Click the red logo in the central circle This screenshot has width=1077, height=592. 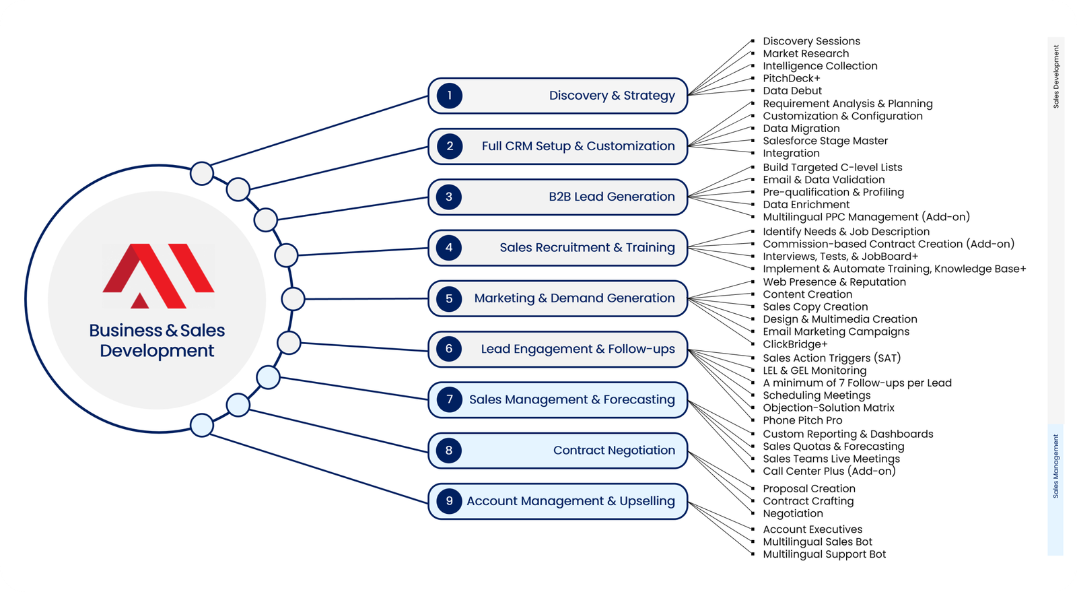coord(158,275)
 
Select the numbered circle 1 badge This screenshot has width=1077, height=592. coord(449,96)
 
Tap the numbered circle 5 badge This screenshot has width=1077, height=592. coord(449,298)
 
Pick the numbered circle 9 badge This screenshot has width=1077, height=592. coord(449,501)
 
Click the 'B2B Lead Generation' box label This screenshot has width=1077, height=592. coord(611,197)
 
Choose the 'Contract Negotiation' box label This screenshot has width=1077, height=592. coord(614,451)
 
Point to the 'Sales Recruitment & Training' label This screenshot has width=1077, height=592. coord(587,248)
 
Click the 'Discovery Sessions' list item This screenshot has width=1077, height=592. coord(811,41)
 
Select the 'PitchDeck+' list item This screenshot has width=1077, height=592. coord(792,78)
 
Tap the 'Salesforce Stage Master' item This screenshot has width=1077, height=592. coord(825,141)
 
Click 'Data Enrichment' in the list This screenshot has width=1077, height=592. coord(806,205)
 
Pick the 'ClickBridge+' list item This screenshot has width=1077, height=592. coord(795,344)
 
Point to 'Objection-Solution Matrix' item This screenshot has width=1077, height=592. coord(829,407)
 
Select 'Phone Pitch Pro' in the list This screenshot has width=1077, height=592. coord(802,420)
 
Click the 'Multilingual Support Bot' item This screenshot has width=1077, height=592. coord(824,554)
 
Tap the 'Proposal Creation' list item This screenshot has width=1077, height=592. coord(809,489)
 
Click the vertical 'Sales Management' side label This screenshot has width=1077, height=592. coord(1055,466)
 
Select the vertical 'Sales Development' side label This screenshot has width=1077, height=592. coord(1055,77)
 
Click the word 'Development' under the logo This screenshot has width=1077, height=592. coord(157,351)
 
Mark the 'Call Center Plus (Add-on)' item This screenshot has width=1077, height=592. coord(829,471)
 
